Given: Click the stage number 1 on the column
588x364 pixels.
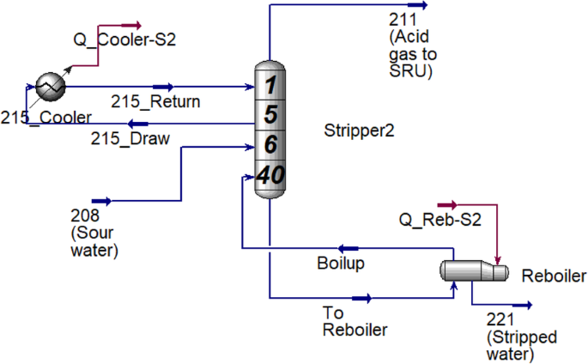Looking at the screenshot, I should click(270, 86).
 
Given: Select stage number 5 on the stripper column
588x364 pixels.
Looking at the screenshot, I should click(270, 115).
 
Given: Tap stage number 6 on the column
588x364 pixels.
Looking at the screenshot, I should click(270, 144).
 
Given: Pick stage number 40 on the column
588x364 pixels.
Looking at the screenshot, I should click(270, 176).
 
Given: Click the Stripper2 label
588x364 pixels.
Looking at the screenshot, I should click(358, 131).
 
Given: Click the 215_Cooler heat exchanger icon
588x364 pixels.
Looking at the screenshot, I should click(51, 86).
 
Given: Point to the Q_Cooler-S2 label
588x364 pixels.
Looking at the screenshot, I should click(115, 39).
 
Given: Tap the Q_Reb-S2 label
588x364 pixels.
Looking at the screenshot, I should click(439, 221).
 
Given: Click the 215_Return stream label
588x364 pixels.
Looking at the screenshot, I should click(155, 102).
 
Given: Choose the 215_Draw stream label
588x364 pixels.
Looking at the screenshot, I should click(130, 138).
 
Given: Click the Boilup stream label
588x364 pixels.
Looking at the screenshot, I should click(341, 264).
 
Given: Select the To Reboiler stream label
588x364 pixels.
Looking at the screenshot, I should click(355, 321).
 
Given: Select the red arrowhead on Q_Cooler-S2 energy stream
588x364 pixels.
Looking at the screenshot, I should click(134, 26).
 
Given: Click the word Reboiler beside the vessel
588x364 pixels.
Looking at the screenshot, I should click(554, 276).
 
